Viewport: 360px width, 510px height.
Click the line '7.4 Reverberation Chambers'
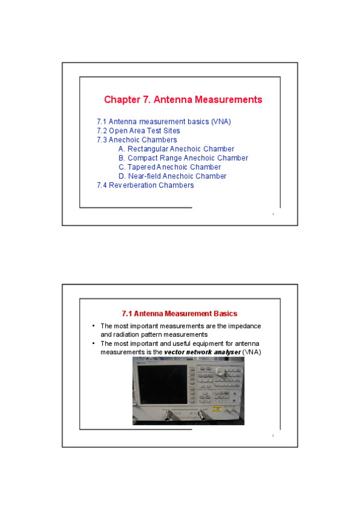click(145, 185)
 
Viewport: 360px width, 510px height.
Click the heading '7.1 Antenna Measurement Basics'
click(179, 313)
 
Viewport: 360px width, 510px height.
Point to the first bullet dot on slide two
click(93, 326)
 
